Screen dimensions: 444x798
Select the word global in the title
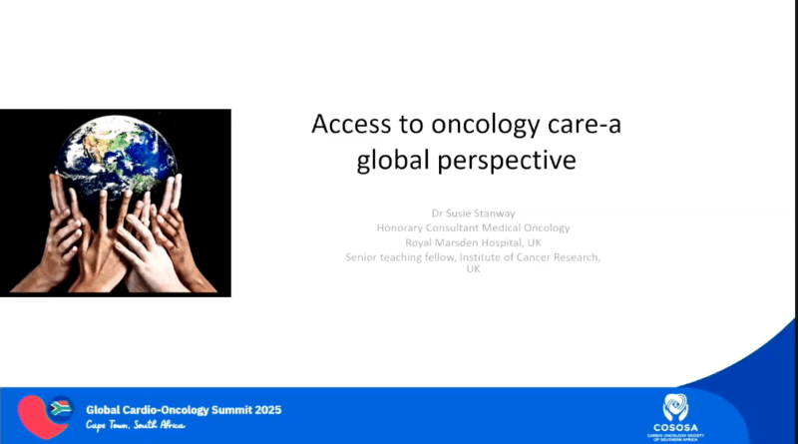click(x=394, y=160)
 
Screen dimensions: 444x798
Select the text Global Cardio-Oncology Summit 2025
click(x=184, y=409)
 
